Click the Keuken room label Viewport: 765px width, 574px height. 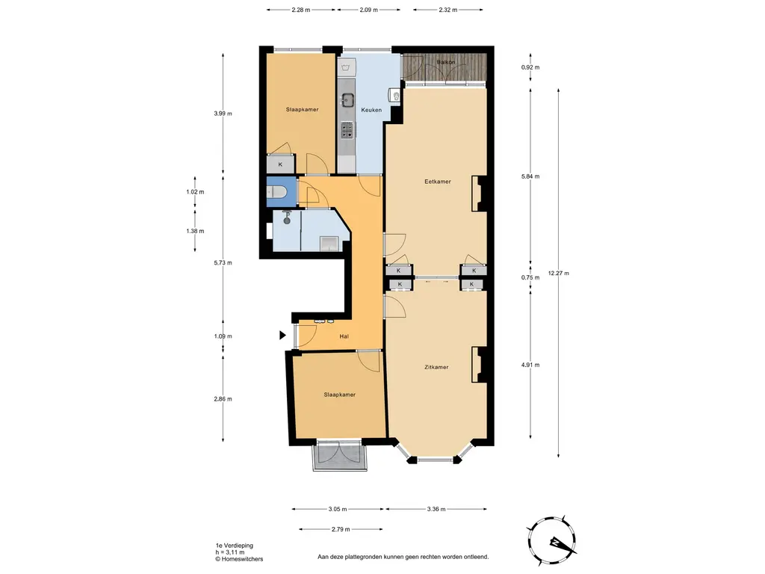coord(371,110)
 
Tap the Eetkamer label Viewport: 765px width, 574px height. coord(438,182)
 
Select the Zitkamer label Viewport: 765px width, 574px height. coord(436,367)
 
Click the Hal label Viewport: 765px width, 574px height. coord(344,336)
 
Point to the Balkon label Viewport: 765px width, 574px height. coord(446,63)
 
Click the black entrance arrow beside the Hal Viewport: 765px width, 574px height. coord(282,336)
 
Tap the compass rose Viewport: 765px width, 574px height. coord(551,541)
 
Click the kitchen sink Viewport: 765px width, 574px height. coord(347,101)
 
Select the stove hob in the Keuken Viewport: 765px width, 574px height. coord(347,129)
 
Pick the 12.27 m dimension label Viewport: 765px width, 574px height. coord(559,274)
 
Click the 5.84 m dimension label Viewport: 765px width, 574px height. coord(530,176)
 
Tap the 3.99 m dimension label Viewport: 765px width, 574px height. coord(223,114)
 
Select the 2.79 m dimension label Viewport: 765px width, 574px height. coord(341,529)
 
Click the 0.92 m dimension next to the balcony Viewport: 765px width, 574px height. coord(530,67)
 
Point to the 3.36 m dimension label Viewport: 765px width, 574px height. coord(436,509)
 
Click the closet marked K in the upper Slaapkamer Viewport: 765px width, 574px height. coord(281,164)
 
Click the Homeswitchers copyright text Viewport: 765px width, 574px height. coord(240,559)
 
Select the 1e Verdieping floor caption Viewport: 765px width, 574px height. coord(235,546)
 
